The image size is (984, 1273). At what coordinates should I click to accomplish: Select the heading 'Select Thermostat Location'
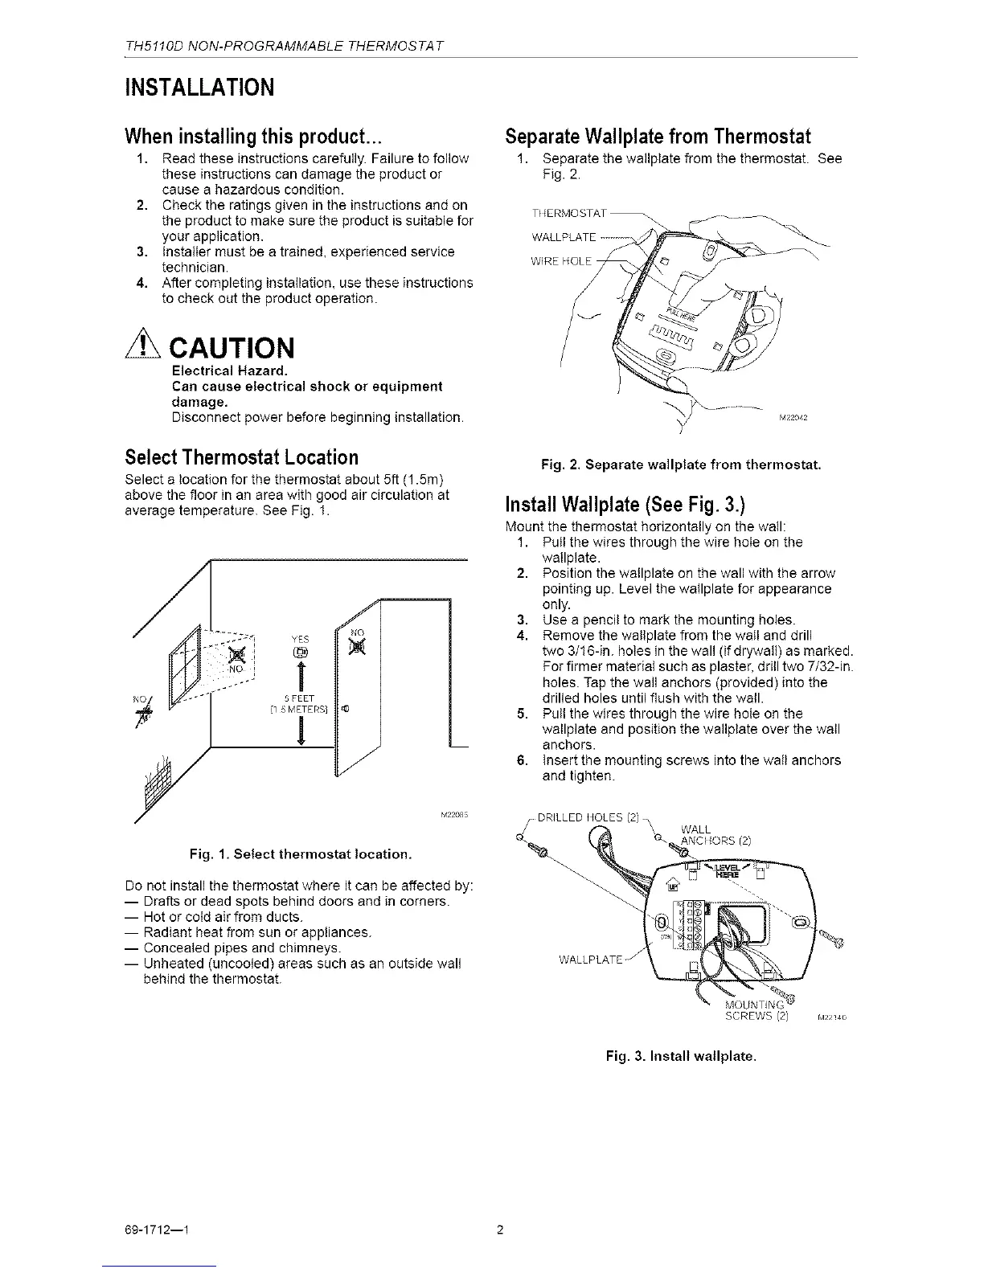click(242, 457)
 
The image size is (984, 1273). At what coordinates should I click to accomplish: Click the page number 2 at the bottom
click(499, 1230)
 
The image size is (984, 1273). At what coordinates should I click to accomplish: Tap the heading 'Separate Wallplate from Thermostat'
click(657, 135)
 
